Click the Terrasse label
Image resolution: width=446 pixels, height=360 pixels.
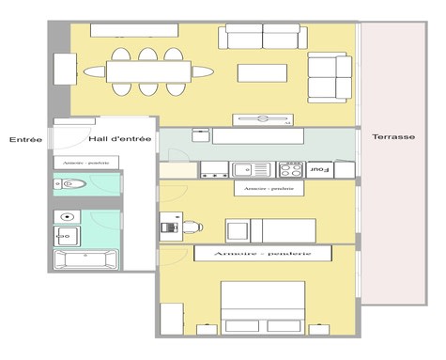[x=392, y=137]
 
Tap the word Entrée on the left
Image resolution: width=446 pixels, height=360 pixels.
[x=25, y=140]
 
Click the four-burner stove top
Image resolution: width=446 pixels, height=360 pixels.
[x=290, y=170]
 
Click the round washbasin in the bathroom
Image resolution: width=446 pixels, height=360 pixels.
[x=68, y=230]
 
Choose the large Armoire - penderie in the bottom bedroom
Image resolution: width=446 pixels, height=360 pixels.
[x=262, y=254]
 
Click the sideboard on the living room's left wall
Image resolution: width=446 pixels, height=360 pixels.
[x=65, y=69]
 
